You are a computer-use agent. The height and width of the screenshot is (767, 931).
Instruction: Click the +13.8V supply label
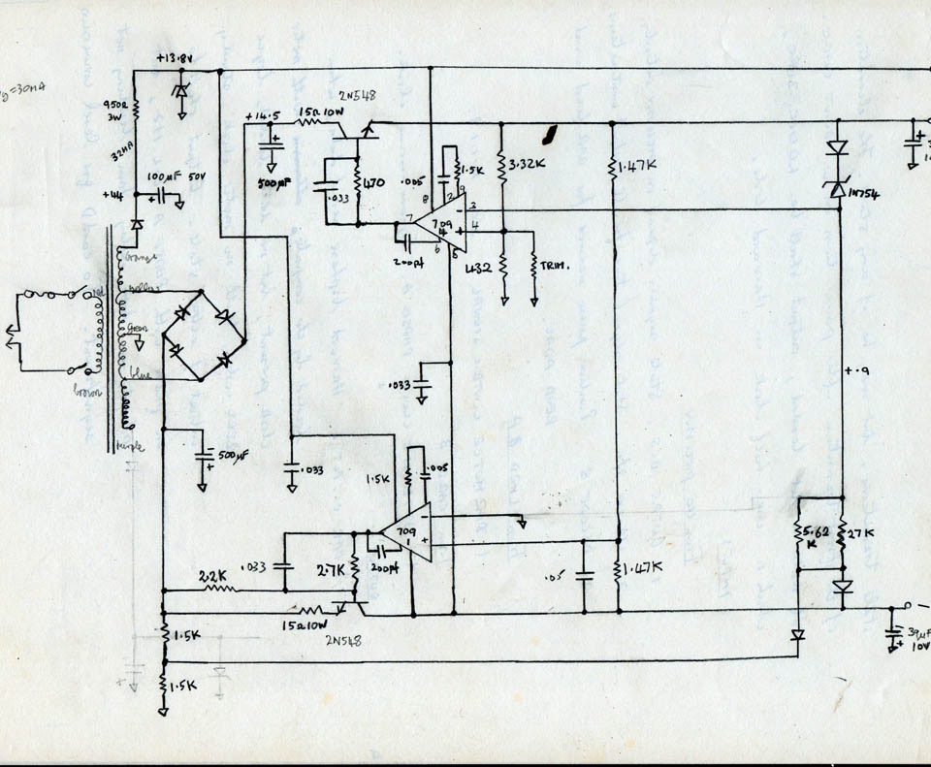tap(174, 58)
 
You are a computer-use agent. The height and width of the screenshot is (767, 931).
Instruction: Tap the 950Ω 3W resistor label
tap(112, 106)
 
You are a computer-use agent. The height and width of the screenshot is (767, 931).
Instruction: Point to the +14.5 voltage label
tap(263, 117)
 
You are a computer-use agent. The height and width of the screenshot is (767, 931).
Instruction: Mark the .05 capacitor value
tap(553, 576)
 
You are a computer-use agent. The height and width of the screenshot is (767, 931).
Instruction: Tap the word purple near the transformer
tap(128, 445)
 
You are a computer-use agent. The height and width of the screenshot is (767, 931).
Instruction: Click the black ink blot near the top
tap(551, 134)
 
